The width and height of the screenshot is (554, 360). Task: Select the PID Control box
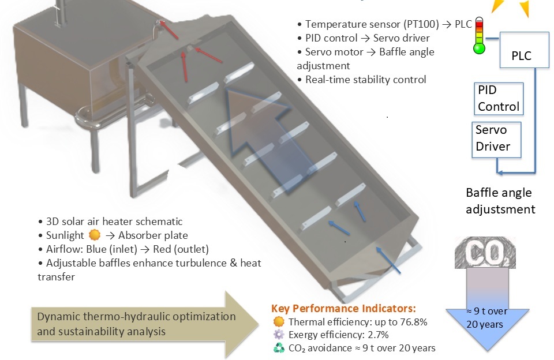coord(499,99)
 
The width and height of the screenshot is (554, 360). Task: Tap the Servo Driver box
coord(496,139)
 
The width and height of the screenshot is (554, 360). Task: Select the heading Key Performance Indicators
coord(343,309)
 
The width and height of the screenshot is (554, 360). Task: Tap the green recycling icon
coord(279,348)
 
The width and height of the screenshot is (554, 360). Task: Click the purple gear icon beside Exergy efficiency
coord(279,335)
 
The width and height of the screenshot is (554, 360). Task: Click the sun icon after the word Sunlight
coord(95,235)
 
